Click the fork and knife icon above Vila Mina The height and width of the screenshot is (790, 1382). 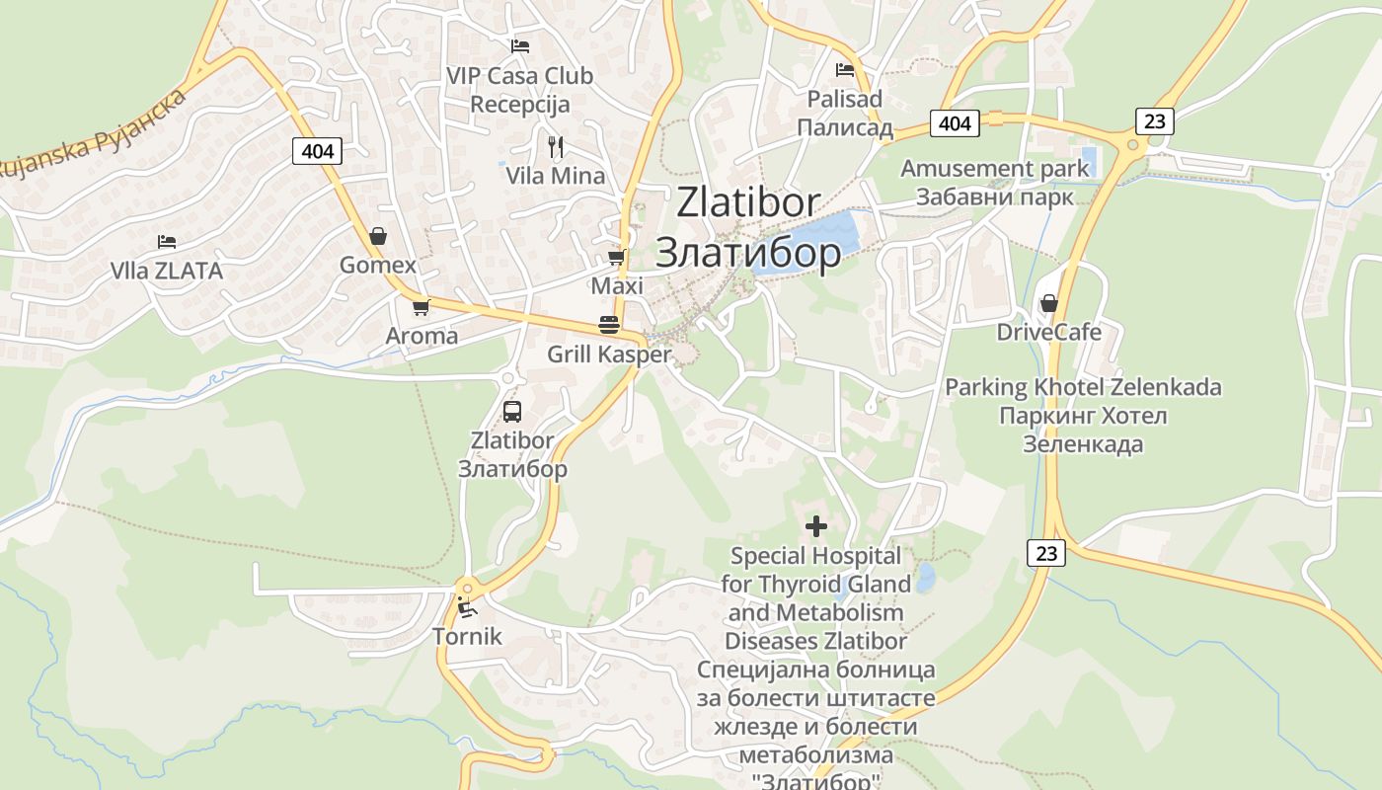(x=556, y=147)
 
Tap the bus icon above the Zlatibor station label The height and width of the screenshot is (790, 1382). (x=511, y=412)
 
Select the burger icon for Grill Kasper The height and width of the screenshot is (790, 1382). (x=608, y=325)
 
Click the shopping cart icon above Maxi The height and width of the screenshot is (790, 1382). (x=617, y=258)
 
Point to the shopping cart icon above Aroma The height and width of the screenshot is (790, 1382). (x=422, y=307)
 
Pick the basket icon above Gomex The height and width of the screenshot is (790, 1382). (x=377, y=236)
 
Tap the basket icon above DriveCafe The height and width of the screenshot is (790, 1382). (x=1048, y=303)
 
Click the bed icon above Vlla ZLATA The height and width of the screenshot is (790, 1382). (x=167, y=241)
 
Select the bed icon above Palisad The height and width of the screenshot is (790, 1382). (x=844, y=70)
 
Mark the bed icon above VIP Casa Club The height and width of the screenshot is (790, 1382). (x=519, y=45)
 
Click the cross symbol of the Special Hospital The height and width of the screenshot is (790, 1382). (x=816, y=526)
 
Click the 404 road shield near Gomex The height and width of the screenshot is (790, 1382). (x=318, y=151)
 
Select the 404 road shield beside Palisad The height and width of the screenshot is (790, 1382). (x=955, y=123)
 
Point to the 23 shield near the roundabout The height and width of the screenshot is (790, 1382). (x=1155, y=121)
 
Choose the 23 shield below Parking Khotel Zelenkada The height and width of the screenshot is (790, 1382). (x=1047, y=553)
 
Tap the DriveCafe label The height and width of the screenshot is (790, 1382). (x=1048, y=332)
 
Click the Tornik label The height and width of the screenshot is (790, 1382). (x=467, y=637)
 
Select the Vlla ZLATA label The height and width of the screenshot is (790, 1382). (x=167, y=271)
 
